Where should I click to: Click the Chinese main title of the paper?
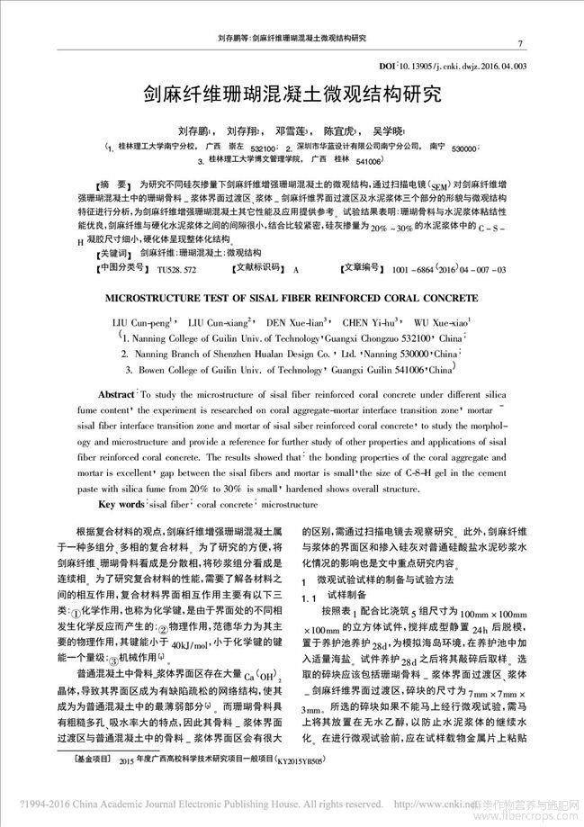pyautogui.click(x=292, y=94)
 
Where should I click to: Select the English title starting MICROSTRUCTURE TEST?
pyautogui.click(x=292, y=295)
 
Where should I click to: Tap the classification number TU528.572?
pyautogui.click(x=177, y=269)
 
